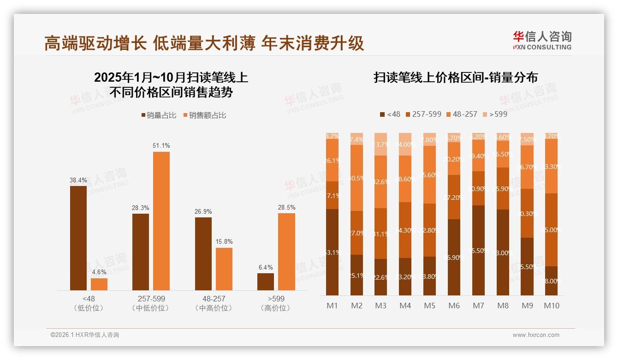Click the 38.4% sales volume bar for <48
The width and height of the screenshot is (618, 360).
(x=78, y=238)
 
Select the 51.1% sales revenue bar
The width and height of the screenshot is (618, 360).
(x=161, y=221)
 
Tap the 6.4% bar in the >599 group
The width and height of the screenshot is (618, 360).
(x=266, y=282)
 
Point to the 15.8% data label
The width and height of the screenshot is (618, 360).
(x=224, y=241)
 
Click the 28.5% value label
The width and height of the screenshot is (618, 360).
(x=287, y=207)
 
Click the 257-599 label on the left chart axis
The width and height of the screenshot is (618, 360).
(x=151, y=299)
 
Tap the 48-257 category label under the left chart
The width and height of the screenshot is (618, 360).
(x=214, y=299)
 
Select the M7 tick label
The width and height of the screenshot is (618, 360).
(x=478, y=306)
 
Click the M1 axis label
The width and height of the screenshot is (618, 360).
(x=333, y=306)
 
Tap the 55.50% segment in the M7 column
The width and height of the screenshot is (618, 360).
(x=479, y=250)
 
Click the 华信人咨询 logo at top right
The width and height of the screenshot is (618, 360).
(x=542, y=40)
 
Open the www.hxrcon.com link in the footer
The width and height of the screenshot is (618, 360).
(x=536, y=335)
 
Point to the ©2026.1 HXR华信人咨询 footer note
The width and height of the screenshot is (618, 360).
(x=85, y=335)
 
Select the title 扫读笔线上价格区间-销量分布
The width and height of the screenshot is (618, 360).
(x=456, y=78)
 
